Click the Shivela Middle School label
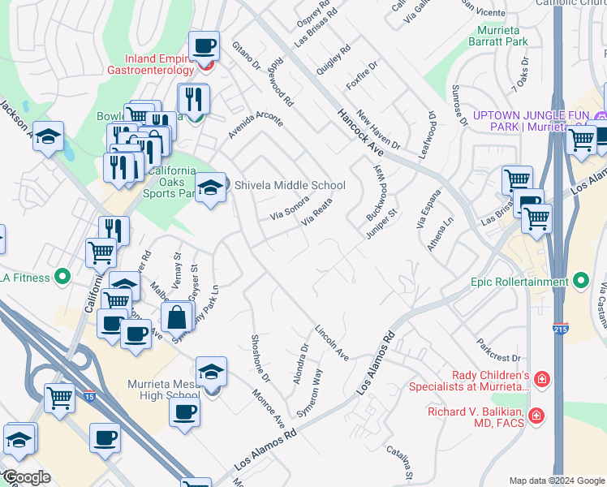click(x=290, y=185)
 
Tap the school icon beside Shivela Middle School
click(x=210, y=187)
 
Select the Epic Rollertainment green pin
click(x=580, y=282)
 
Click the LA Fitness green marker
click(x=62, y=278)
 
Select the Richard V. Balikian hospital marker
click(x=536, y=416)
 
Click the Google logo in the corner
click(x=26, y=477)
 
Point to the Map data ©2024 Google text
click(x=556, y=481)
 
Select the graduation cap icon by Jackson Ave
click(x=49, y=136)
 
